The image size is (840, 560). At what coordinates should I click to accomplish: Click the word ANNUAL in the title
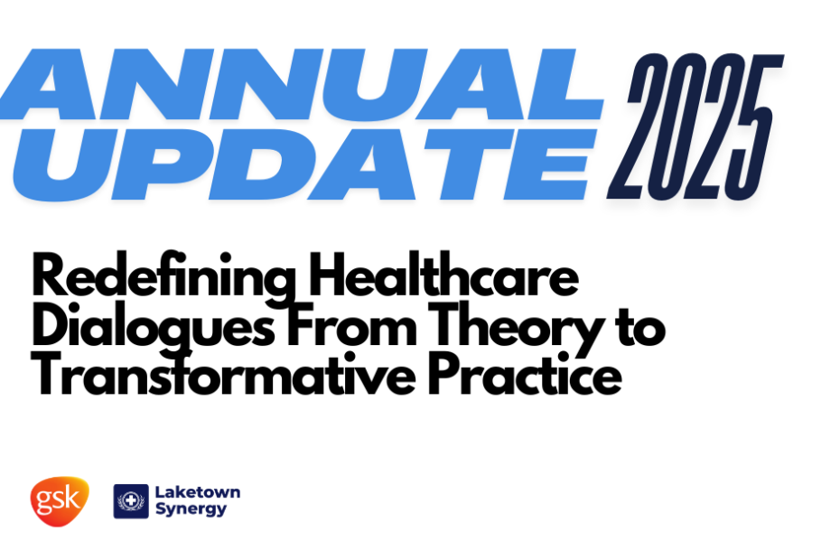tap(302, 84)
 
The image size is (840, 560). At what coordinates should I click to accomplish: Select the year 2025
tap(695, 127)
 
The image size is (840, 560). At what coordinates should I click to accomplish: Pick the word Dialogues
tap(154, 328)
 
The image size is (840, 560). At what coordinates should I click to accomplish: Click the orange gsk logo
tap(60, 501)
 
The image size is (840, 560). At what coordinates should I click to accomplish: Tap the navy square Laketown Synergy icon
tap(131, 501)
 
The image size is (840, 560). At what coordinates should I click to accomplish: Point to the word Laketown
tap(198, 492)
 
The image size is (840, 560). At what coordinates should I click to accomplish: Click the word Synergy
tap(191, 509)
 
